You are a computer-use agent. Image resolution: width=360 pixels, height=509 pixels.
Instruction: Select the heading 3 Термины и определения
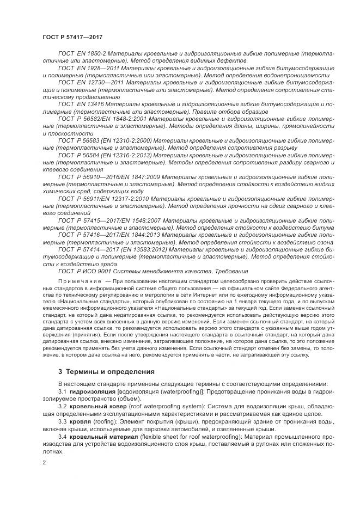[x=106, y=372]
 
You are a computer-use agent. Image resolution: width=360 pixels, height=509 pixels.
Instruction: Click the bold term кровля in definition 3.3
[x=80, y=421]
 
